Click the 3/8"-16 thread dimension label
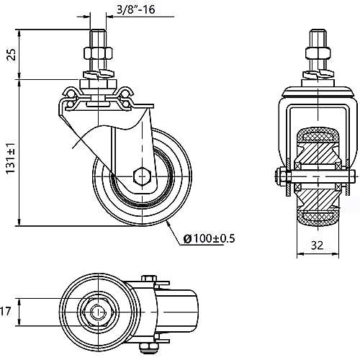pyautogui.click(x=136, y=10)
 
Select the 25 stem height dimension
pyautogui.click(x=12, y=55)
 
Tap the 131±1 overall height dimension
pyautogui.click(x=11, y=158)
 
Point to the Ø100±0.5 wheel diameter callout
pyautogui.click(x=209, y=238)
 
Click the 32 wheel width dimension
pyautogui.click(x=317, y=246)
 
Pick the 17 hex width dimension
pyautogui.click(x=5, y=311)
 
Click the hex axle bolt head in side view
pyautogui.click(x=143, y=176)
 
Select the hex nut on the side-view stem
pyautogui.click(x=98, y=53)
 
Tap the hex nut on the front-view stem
pyautogui.click(x=318, y=53)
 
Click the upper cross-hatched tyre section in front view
pyautogui.click(x=318, y=137)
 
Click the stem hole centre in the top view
pyautogui.click(x=99, y=312)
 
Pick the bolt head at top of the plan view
pyautogui.click(x=149, y=279)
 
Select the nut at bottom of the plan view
pyautogui.click(x=148, y=347)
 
